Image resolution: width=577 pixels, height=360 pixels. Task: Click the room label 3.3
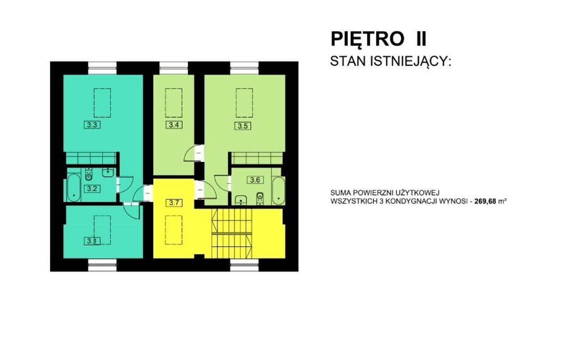coord(92,125)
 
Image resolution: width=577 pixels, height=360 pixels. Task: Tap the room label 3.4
coord(174,125)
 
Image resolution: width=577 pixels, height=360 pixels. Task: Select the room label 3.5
coord(243,126)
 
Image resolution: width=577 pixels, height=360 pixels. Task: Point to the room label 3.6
coord(255,180)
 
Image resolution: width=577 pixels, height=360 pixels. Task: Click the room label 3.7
coord(174,203)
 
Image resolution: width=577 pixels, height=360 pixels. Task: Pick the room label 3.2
coord(92,189)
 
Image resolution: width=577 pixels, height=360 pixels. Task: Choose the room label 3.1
coord(92,241)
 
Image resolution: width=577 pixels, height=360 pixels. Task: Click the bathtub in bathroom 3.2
coord(74,188)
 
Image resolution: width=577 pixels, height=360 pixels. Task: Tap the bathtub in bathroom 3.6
coord(279,191)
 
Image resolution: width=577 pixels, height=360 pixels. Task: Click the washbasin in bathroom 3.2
coord(108,172)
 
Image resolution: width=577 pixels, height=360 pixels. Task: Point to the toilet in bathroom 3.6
coord(260,198)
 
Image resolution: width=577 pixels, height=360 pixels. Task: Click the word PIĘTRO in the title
coord(367,39)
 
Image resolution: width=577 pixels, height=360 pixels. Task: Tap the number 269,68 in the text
coord(485,201)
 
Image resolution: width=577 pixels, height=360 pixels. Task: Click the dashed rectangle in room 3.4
coord(174,103)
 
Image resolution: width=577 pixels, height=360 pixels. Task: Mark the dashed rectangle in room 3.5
coord(244,103)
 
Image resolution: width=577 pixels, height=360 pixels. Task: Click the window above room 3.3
coord(102,68)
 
